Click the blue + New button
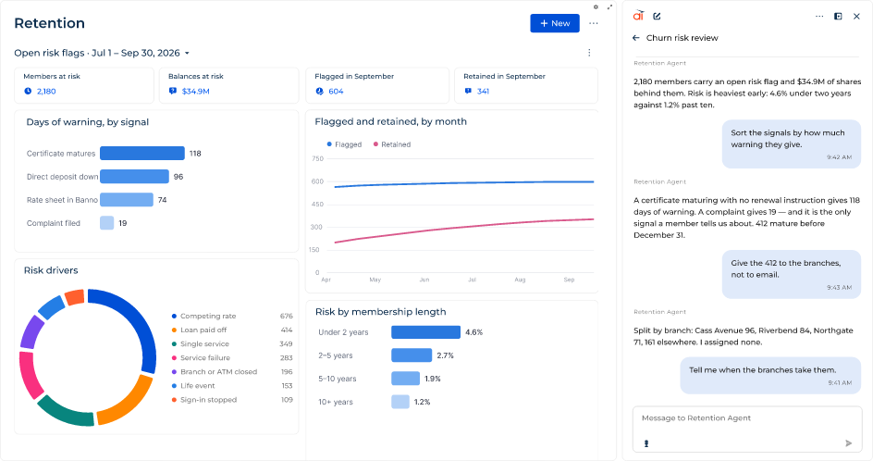point(555,23)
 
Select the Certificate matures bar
point(142,154)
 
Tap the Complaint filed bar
point(107,223)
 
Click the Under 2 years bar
point(426,332)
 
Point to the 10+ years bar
point(400,402)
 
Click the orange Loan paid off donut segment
point(127,402)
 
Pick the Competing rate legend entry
point(203,316)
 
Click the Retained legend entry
point(392,144)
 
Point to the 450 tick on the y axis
point(317,205)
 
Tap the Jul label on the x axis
point(473,280)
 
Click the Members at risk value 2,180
point(46,92)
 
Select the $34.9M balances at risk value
point(195,92)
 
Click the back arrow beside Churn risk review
point(636,38)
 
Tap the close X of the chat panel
point(856,16)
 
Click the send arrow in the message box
point(849,443)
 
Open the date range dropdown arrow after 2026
point(187,53)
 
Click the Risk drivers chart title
point(51,270)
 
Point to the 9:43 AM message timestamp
point(839,288)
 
